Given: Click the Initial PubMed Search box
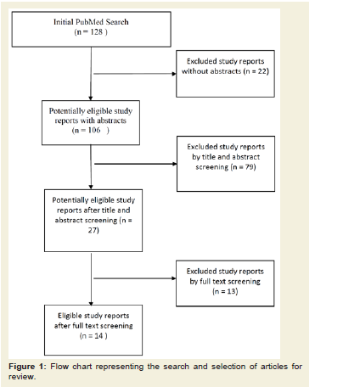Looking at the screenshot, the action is [x=91, y=29].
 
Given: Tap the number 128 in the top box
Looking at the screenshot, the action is [x=96, y=32].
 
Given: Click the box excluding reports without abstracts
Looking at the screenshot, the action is [x=225, y=74].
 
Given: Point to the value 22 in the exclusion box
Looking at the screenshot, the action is [x=262, y=71].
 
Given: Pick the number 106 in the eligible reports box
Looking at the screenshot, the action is [x=94, y=130].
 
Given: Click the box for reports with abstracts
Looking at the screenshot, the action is [x=91, y=123].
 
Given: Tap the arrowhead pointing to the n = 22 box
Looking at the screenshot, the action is [x=174, y=74].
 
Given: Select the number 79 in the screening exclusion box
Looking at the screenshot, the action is [x=250, y=167].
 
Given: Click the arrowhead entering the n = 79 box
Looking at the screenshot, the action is [x=175, y=164].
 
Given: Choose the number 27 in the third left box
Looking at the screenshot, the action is [x=93, y=230].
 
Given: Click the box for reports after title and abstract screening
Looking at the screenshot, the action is [x=93, y=221].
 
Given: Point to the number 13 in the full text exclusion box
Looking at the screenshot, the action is [x=232, y=291].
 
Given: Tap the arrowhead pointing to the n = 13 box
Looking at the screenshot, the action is [x=174, y=278].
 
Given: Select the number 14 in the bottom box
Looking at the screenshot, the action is [x=98, y=336].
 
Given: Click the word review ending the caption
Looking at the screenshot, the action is [x=21, y=377].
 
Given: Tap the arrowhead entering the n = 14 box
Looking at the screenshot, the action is [x=91, y=303].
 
